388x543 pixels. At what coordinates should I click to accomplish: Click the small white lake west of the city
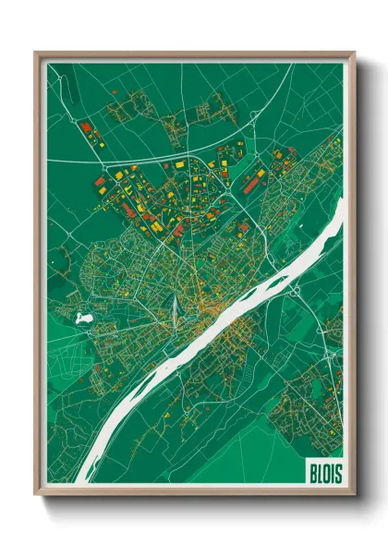point(84,318)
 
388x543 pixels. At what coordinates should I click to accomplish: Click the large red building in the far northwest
point(85,127)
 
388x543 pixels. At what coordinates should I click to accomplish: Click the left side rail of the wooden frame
point(37,277)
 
